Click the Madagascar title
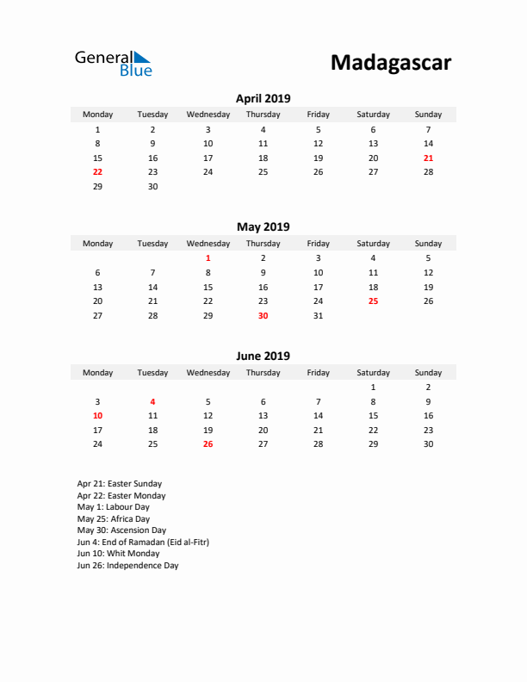point(390,63)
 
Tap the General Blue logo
point(113,63)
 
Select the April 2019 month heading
point(263,98)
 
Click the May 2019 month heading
point(263,227)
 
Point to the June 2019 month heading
point(263,356)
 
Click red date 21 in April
point(428,158)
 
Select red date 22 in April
point(97,171)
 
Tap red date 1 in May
point(208,257)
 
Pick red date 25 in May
point(373,301)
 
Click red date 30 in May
point(263,316)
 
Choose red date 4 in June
point(152,401)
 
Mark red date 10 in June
point(97,416)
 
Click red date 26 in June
point(208,444)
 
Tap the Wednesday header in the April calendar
point(208,115)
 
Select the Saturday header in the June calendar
point(373,373)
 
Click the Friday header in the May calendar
point(318,244)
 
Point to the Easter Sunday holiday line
point(120,484)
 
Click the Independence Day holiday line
point(127,566)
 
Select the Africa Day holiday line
point(114,519)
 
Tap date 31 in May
point(318,316)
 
